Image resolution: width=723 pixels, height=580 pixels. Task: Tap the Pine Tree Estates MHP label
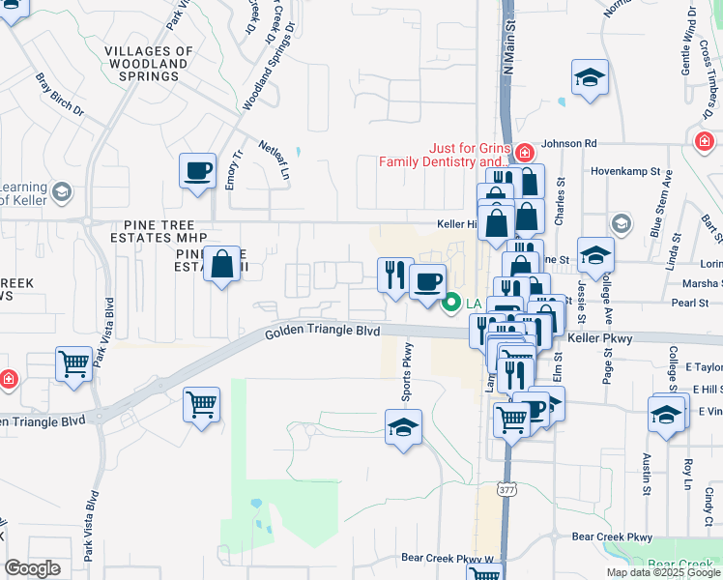coord(153,231)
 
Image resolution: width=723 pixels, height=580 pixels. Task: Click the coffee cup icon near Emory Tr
coord(198,170)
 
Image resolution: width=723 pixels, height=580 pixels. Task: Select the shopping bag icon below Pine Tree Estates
coord(222,263)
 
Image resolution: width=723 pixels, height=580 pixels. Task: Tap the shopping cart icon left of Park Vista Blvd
coord(74,364)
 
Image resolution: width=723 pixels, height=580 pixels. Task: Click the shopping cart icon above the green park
coord(201,404)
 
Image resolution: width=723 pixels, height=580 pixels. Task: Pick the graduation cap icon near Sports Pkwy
coord(404,427)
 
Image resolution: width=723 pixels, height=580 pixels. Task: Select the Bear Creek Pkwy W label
coord(447,558)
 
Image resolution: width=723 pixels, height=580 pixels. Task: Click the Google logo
coord(33,568)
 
